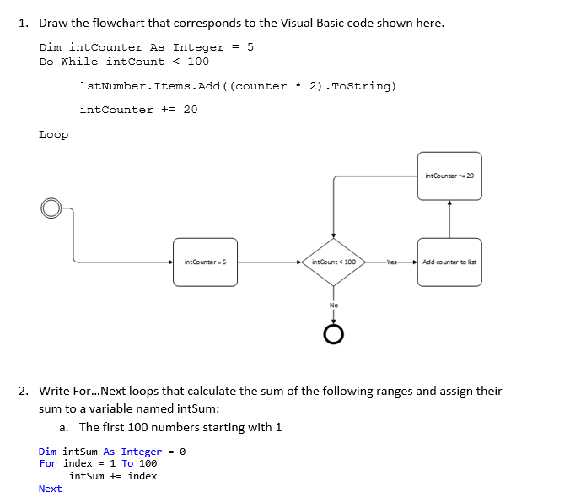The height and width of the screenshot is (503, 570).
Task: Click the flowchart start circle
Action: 52,208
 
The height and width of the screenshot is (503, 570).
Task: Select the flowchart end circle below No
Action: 334,335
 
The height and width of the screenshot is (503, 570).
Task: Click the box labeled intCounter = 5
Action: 206,262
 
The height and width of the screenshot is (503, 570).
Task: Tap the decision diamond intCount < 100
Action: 334,262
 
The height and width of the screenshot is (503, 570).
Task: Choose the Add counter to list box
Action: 449,262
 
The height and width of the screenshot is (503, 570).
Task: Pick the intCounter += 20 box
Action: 449,176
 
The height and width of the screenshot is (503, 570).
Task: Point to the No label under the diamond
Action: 334,305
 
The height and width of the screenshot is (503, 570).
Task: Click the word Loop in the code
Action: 54,134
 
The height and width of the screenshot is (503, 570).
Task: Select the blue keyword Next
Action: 50,489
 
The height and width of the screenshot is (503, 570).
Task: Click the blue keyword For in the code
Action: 48,463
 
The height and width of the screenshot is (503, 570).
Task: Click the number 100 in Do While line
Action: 198,62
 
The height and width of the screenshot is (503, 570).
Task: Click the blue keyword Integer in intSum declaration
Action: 141,452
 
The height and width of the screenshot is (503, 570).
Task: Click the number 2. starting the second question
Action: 24,391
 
